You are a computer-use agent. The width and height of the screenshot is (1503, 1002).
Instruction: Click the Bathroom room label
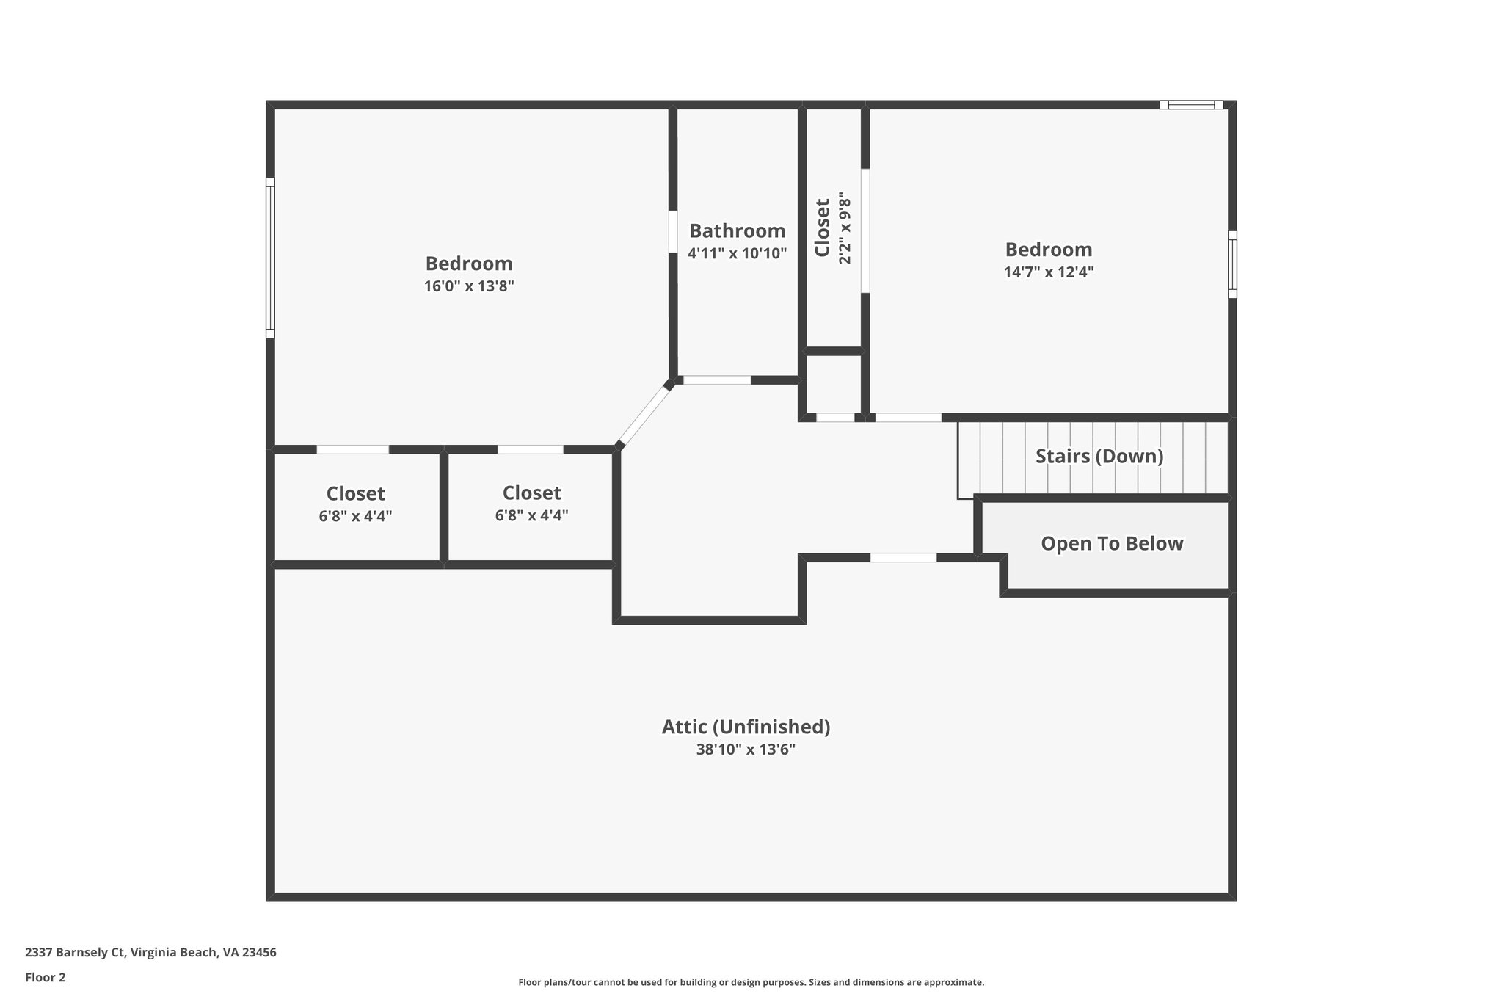(737, 231)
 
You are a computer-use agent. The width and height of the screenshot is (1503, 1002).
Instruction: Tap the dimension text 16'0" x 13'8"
(469, 286)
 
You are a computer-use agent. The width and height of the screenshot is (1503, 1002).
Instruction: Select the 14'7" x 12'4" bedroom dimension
(1049, 272)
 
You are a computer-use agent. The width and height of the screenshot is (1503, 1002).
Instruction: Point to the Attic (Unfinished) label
(746, 727)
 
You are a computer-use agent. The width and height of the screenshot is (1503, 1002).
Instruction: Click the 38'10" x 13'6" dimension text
(746, 749)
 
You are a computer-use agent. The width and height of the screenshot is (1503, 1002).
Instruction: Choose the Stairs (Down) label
(1099, 457)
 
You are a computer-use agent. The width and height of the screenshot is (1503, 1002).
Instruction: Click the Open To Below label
(1112, 544)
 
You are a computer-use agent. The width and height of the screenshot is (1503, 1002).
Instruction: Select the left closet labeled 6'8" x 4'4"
(355, 504)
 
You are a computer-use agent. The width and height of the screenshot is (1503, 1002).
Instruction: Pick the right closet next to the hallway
(531, 504)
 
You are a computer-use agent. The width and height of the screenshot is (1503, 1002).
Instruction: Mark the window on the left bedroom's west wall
(270, 258)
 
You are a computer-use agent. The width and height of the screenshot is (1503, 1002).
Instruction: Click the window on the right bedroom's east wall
(1232, 264)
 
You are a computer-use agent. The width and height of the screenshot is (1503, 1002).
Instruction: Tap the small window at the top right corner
(1191, 105)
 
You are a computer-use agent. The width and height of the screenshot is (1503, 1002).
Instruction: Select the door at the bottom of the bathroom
(717, 380)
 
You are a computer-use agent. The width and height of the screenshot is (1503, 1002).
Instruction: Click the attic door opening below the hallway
(903, 558)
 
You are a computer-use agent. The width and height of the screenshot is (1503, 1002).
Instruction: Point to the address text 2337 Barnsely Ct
(150, 953)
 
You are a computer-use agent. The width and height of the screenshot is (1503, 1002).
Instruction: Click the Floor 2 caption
(46, 977)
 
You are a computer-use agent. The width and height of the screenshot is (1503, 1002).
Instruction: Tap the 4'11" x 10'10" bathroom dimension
(737, 254)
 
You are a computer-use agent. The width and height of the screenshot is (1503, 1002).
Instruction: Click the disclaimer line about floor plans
(751, 982)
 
